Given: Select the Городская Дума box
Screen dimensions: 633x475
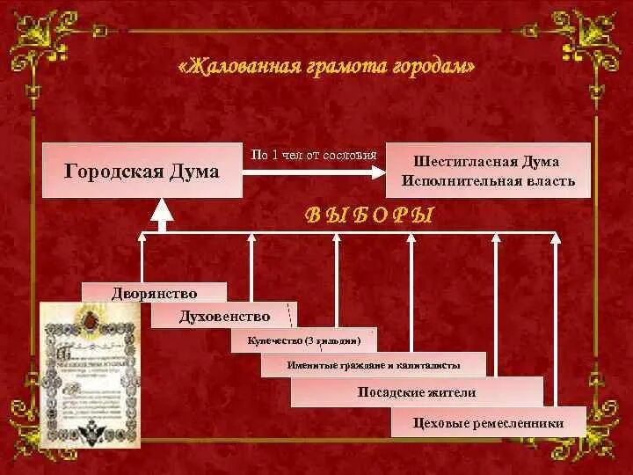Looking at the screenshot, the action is tap(142, 171).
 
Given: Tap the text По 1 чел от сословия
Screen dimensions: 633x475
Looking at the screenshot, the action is tap(314, 154).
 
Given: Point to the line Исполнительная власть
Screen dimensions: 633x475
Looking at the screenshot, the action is tap(489, 181).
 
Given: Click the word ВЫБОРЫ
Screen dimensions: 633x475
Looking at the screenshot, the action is tap(369, 216).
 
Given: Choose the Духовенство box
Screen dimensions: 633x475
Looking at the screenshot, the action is tap(223, 315).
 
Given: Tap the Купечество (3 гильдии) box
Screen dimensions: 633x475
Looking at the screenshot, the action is tap(303, 340).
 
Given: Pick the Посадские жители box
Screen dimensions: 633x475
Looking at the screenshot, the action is tap(417, 392).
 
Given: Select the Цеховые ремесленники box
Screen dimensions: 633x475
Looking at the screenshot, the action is tap(488, 423).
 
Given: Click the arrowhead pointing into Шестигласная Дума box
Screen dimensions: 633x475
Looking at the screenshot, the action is tap(384, 171).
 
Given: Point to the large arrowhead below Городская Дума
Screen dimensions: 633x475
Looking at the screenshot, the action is tap(161, 210).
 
